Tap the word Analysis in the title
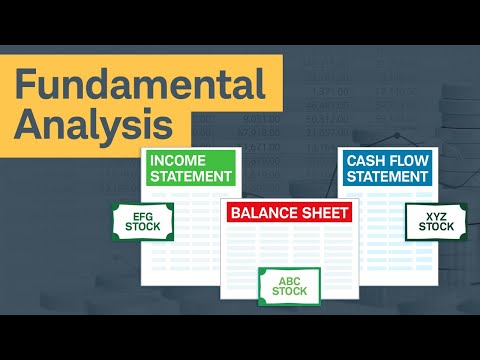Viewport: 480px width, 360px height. pos(94,125)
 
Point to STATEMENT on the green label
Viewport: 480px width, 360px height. pos(190,176)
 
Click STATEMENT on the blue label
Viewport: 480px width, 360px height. pos(388,177)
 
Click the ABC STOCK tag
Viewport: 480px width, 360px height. pos(289,286)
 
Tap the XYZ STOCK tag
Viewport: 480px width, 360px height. pos(436,221)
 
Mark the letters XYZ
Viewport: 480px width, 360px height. pos(436,214)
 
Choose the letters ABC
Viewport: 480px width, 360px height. pos(289,279)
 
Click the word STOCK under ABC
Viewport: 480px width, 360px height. pos(289,293)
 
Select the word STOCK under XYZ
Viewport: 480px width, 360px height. pos(436,228)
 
